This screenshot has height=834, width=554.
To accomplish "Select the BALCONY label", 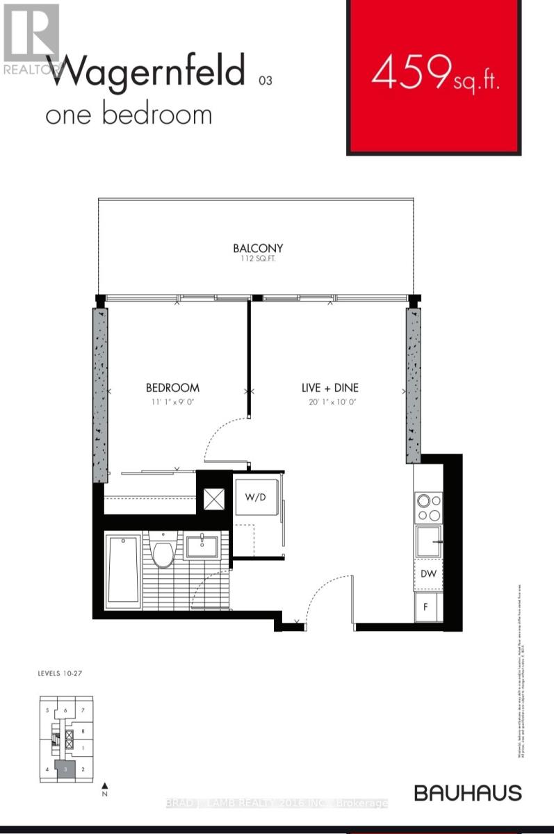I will tap(258, 248).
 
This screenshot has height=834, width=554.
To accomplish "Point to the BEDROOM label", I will tap(172, 388).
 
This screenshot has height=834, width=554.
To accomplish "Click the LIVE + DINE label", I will tap(329, 388).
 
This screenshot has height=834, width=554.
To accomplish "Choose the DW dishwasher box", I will tap(428, 574).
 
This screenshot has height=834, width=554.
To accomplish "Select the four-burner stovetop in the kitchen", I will tap(428, 507).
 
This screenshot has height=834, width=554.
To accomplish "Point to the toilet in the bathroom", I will tap(164, 553).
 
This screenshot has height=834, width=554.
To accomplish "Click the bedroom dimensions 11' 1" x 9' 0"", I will tap(172, 402).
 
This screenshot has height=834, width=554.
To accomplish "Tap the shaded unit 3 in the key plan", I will tap(65, 769).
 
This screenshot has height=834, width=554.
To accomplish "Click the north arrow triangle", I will tap(104, 783).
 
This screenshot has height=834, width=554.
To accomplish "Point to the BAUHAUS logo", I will tap(467, 792).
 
